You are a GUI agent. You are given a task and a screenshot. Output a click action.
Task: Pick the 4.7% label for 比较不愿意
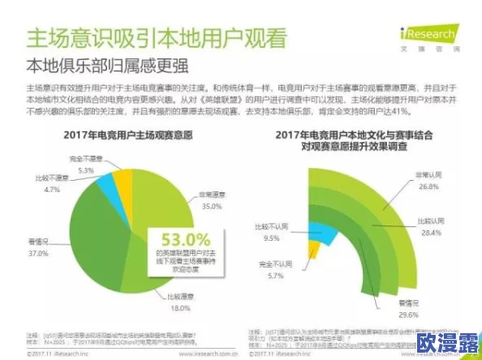pyautogui.click(x=52, y=189)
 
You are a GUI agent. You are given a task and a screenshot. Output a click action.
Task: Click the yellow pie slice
pyautogui.click(x=122, y=181)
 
